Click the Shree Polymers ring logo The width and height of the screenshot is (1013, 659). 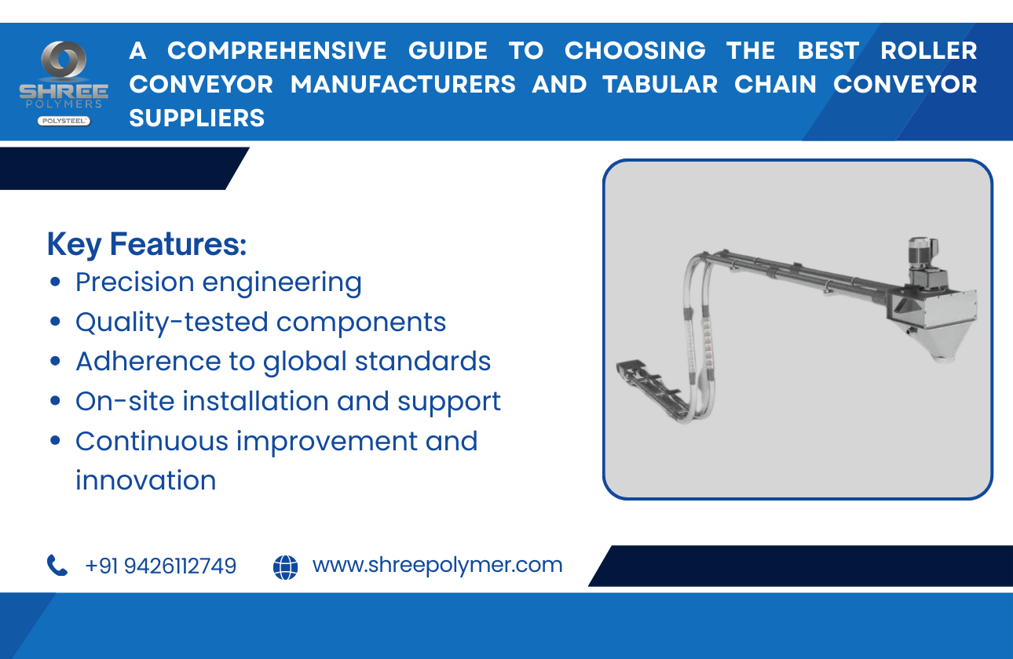click(64, 62)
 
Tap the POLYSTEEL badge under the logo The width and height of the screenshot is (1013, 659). click(64, 121)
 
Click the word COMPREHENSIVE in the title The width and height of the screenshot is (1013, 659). click(276, 51)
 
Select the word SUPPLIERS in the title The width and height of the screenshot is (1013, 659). click(197, 118)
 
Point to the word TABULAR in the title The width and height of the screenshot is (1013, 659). click(660, 85)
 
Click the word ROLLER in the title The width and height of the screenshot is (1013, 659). click(928, 51)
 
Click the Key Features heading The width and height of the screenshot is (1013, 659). click(147, 244)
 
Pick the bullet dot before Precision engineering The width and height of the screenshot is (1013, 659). click(55, 282)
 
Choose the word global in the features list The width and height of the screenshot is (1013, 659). click(304, 362)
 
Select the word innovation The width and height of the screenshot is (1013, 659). click(145, 480)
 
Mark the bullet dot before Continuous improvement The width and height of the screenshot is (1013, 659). click(55, 441)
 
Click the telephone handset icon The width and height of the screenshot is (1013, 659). click(57, 565)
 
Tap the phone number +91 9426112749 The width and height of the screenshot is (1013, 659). click(160, 566)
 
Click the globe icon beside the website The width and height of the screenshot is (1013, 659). click(286, 566)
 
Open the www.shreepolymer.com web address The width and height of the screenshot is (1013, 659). click(437, 565)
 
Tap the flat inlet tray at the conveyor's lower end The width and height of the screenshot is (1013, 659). click(639, 373)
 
